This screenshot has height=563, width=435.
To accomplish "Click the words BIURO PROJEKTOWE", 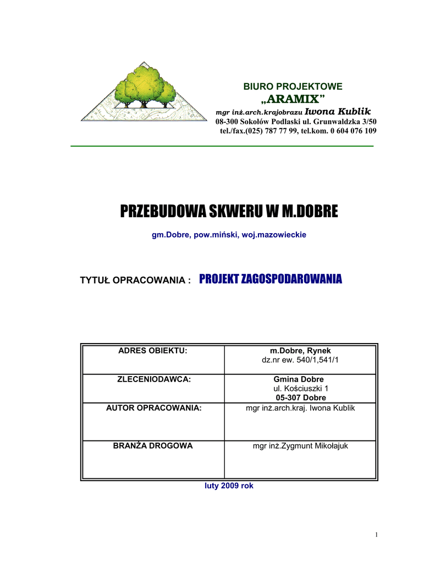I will (293, 87).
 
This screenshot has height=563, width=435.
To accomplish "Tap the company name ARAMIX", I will (293, 99).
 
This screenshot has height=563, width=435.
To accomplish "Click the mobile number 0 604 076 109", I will (353, 131).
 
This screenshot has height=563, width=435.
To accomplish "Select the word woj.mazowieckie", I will (274, 235).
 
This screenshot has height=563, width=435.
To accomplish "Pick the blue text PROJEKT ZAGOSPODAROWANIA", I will (271, 279).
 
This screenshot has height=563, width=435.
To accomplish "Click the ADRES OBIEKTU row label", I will (153, 351).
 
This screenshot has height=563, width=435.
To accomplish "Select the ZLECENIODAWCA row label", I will (153, 379).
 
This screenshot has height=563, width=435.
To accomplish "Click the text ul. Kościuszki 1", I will (300, 388).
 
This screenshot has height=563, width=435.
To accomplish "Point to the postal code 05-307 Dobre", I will (300, 398).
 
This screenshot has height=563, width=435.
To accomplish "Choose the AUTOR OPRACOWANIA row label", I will (153, 407).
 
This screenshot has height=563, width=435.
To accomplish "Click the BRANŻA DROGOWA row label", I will (153, 446).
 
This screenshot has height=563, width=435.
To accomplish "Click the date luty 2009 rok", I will (228, 486).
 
